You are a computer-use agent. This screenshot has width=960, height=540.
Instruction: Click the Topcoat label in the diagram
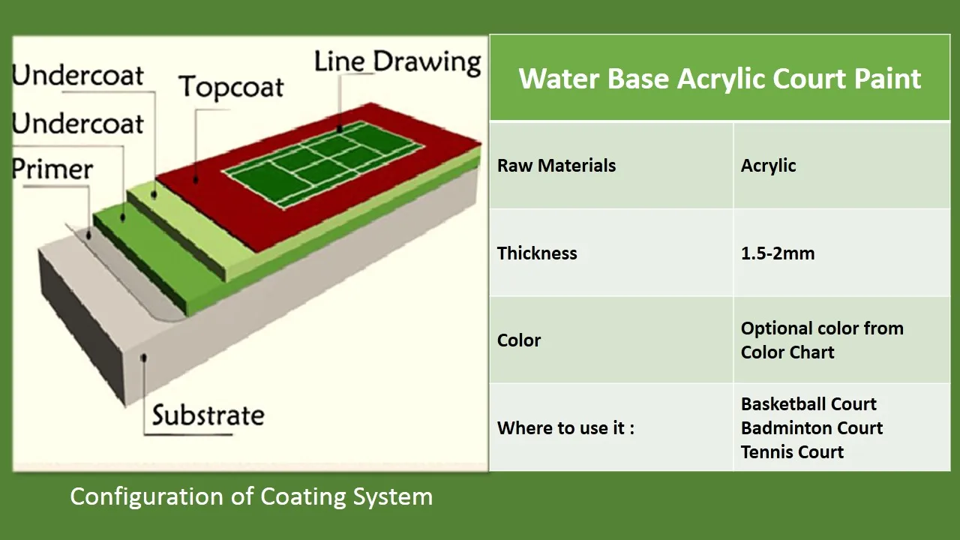coord(231,88)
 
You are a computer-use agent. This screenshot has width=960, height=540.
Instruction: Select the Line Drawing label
coord(397,62)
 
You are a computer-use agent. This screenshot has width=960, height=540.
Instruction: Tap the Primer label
coord(52,169)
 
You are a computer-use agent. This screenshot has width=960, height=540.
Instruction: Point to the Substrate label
coord(208,415)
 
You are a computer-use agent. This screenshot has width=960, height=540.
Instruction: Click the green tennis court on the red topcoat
coord(323,165)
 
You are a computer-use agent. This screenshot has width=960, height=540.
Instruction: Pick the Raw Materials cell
coord(556,166)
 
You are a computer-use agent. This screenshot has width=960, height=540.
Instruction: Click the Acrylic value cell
coord(769,166)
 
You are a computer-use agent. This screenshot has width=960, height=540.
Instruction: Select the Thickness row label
coord(537,253)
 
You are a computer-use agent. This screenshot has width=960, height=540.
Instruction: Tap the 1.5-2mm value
coord(778,253)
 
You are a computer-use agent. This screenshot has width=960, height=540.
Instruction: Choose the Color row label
coord(519,340)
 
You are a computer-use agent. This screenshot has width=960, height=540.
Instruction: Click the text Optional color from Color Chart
coord(822,340)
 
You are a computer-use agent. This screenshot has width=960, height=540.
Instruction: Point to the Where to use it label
coord(565,427)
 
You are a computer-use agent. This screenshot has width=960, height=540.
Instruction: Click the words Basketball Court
coord(808,403)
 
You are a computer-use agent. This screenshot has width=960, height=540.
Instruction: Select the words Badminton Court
coord(811,427)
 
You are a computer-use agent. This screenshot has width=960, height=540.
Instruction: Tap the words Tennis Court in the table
coord(792,451)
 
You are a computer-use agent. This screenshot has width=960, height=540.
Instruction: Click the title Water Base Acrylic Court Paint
coord(719,79)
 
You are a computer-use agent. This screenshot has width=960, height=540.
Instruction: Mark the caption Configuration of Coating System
coord(251,496)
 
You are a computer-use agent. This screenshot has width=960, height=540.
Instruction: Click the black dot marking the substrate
coord(144,358)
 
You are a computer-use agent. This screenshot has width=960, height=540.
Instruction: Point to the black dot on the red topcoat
coord(196,180)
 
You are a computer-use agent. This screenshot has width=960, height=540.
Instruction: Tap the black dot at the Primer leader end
coord(88,235)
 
